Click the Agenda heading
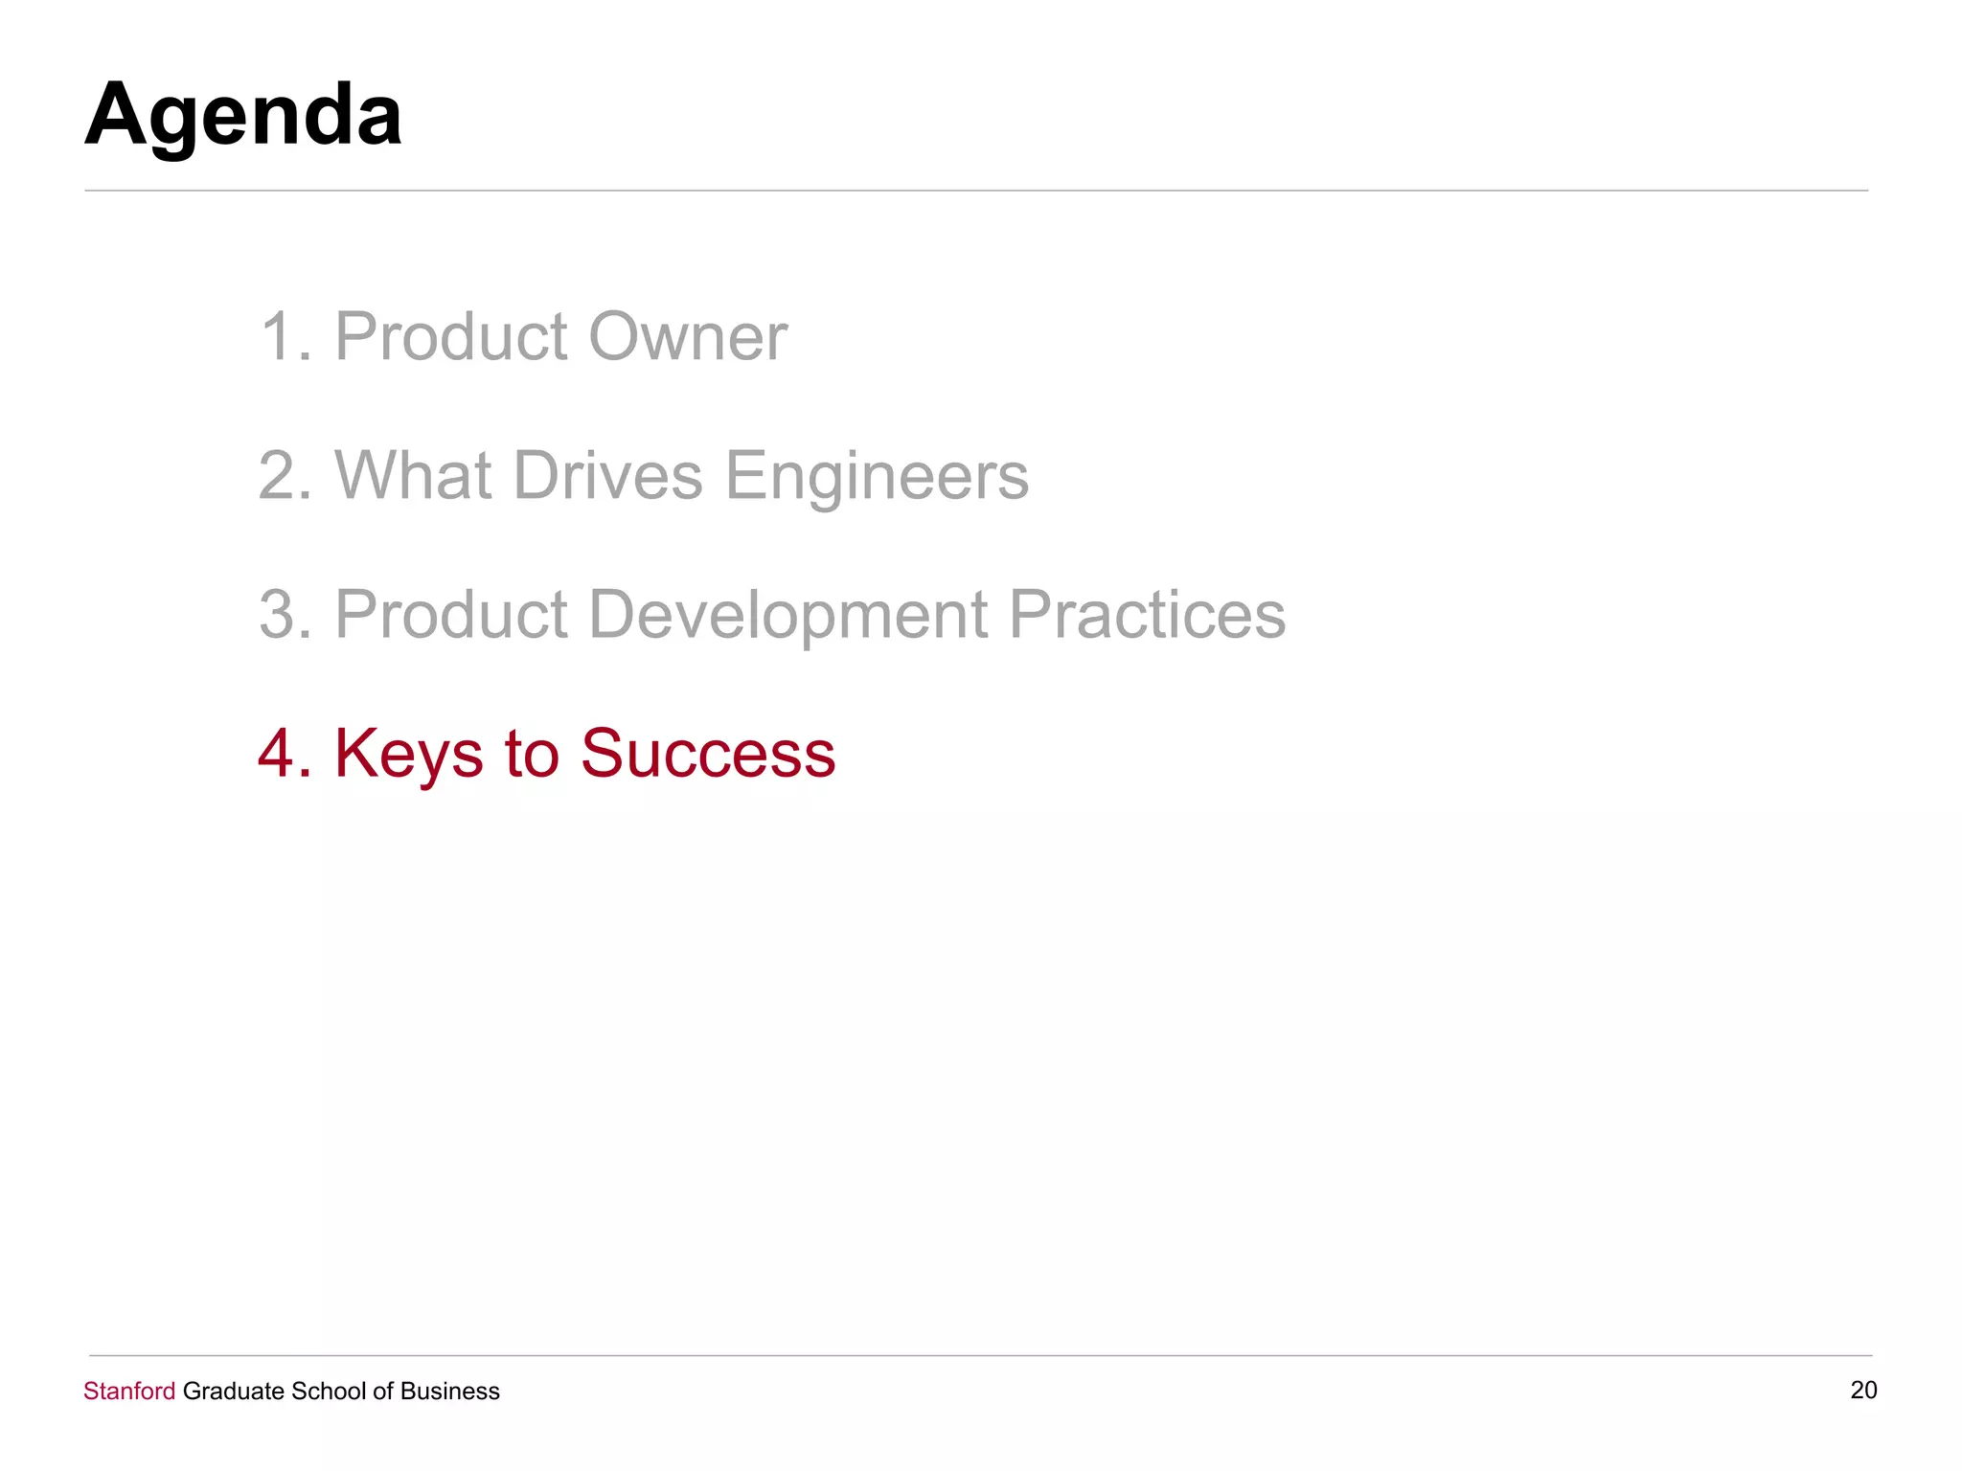243,115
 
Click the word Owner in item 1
687,337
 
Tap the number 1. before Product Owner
285,337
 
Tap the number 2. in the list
285,476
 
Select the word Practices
1147,615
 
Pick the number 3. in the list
285,615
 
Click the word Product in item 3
450,615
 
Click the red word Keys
408,755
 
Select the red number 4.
285,754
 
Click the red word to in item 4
531,754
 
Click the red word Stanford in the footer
129,1391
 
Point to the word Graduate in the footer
233,1391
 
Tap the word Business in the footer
449,1391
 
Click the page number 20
1863,1390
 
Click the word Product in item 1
450,337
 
